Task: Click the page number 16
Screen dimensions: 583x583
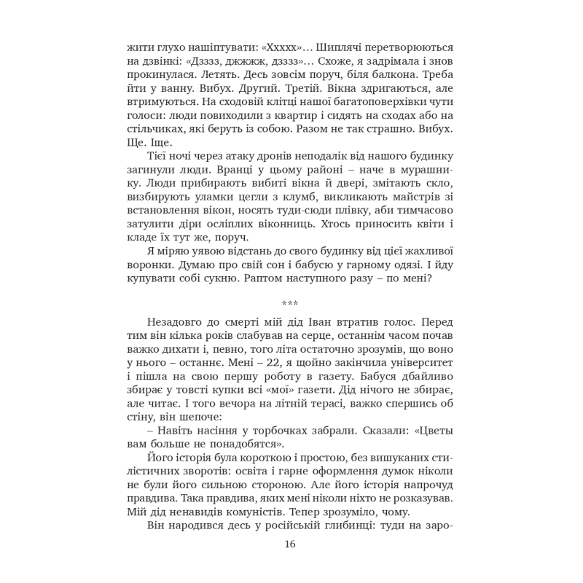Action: [291, 544]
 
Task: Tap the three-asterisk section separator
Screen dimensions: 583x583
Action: [291, 302]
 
